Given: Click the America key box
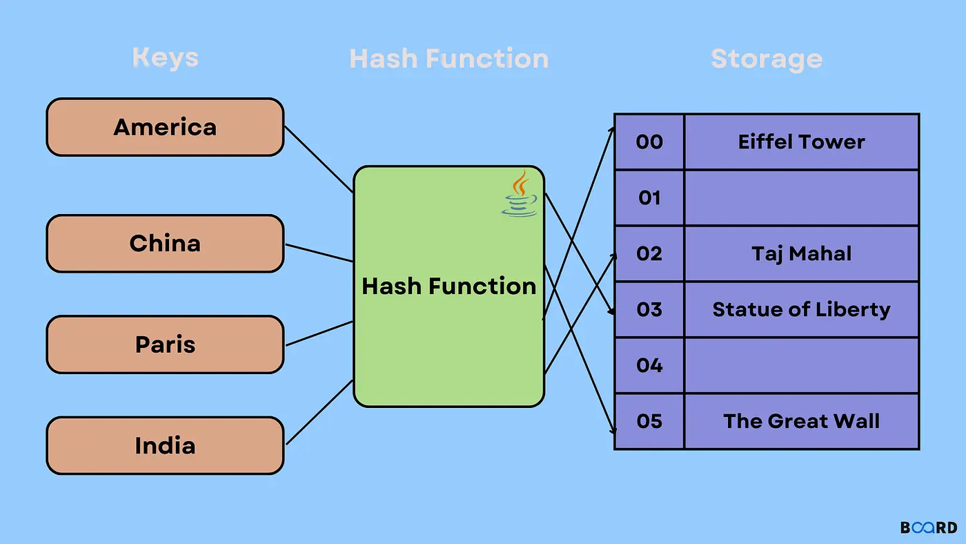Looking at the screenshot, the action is click(x=165, y=127).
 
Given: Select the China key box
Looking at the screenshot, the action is click(x=165, y=243).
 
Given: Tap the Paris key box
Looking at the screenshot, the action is click(x=165, y=344).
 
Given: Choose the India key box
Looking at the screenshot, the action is click(x=165, y=445).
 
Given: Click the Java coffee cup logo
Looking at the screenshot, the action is click(x=520, y=193).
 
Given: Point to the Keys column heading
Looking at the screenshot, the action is click(x=165, y=58).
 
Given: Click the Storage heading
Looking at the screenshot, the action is click(x=767, y=59).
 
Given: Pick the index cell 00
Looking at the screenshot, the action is click(x=649, y=142).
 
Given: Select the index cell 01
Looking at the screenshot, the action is click(x=649, y=198).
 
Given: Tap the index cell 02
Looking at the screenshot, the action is click(x=649, y=253).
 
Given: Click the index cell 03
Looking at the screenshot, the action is click(x=649, y=310).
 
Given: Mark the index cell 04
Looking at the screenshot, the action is click(x=649, y=365).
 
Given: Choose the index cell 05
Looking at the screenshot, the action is click(x=649, y=422).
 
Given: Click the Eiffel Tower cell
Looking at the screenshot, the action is click(x=802, y=142).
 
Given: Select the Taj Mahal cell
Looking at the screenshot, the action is click(x=802, y=253).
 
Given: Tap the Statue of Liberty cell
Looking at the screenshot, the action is click(x=802, y=310).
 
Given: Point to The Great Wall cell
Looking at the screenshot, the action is click(x=802, y=422).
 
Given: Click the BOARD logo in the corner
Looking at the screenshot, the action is click(x=929, y=527).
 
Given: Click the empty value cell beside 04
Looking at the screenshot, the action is click(x=802, y=365).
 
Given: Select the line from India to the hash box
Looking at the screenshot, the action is click(x=319, y=412).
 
